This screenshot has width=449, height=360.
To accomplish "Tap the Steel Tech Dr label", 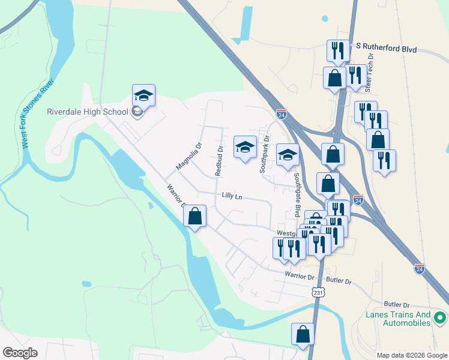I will tap(370, 69).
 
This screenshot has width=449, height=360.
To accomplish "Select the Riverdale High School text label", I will tap(88, 112).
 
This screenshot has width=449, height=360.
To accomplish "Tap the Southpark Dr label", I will tap(265, 157).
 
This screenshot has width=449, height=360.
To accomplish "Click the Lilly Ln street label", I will tap(232, 196).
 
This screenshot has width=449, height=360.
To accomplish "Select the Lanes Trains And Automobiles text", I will tap(399, 319).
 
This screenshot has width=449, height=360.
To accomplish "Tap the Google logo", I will tap(20, 353).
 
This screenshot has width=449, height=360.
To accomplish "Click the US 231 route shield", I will tap(318, 292).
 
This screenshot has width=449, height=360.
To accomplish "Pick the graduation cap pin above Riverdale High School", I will tap(143, 96).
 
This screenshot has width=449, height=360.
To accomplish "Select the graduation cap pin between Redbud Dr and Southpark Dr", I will tap(244, 147).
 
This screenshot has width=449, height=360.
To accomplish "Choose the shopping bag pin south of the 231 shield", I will tap(303, 334).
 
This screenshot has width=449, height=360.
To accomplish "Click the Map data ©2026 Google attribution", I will tap(412, 355).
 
